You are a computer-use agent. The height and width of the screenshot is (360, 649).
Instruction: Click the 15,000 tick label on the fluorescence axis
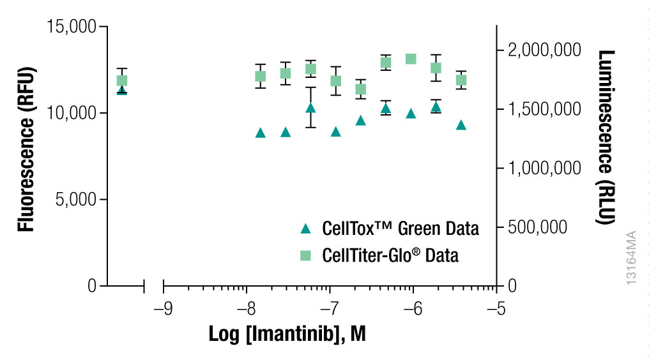pyautogui.click(x=72, y=27)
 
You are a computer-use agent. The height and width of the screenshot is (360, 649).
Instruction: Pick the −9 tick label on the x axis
pyautogui.click(x=164, y=310)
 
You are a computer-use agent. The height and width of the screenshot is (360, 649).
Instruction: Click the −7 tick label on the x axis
pyautogui.click(x=330, y=310)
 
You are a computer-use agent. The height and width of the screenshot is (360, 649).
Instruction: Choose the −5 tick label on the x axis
pyautogui.click(x=496, y=310)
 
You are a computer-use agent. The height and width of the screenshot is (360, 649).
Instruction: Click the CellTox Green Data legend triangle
pyautogui.click(x=305, y=228)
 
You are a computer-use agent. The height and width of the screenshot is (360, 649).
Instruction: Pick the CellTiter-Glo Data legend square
pyautogui.click(x=305, y=255)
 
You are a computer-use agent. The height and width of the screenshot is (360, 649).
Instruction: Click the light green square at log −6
pyautogui.click(x=411, y=59)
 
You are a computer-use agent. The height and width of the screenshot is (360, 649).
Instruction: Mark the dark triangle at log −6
pyautogui.click(x=411, y=114)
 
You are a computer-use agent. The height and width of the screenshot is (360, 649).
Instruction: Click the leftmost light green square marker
pyautogui.click(x=122, y=80)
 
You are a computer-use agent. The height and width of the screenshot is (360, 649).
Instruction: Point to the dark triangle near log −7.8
pyautogui.click(x=261, y=133)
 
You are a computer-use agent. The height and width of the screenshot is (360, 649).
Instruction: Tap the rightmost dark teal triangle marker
pyautogui.click(x=461, y=125)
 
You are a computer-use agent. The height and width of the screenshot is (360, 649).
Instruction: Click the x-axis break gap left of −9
pyautogui.click(x=154, y=286)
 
